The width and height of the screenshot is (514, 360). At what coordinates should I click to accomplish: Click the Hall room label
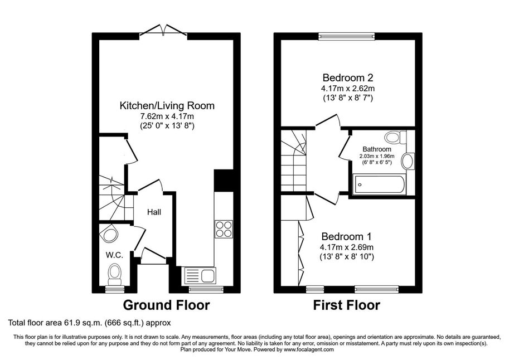[x=154, y=212]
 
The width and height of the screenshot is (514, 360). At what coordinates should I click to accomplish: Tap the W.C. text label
[x=114, y=255]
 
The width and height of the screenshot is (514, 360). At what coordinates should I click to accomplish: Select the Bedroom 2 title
[x=348, y=77]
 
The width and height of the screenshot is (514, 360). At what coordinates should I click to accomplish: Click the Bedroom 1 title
[x=347, y=236]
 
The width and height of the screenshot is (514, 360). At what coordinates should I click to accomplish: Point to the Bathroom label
[x=377, y=149]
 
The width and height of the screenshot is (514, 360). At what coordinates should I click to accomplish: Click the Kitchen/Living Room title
[x=167, y=105]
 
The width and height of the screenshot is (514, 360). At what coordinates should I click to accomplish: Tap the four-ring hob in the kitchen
[x=224, y=229]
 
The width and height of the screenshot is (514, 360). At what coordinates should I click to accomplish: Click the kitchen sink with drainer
[x=200, y=275]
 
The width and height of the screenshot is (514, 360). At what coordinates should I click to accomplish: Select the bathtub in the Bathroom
[x=379, y=184]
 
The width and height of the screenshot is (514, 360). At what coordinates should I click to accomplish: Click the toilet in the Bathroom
[x=396, y=137]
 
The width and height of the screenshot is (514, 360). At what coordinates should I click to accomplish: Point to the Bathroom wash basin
[x=408, y=161]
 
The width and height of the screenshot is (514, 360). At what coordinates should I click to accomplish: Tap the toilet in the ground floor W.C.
[x=115, y=275]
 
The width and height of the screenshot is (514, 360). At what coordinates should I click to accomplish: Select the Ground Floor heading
[x=166, y=305]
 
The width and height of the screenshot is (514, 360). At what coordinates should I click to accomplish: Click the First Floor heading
[x=347, y=305]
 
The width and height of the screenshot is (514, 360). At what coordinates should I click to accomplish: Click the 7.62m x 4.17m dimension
[x=167, y=116]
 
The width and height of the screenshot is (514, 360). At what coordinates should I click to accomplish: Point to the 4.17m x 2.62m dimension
[x=348, y=89]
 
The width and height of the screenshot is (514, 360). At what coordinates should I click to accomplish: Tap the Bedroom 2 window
[x=346, y=36]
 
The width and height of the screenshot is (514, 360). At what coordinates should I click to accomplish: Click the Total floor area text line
[x=90, y=323]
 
